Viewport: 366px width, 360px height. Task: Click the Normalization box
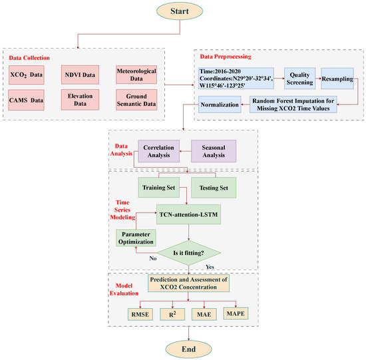pyautogui.click(x=219, y=104)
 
